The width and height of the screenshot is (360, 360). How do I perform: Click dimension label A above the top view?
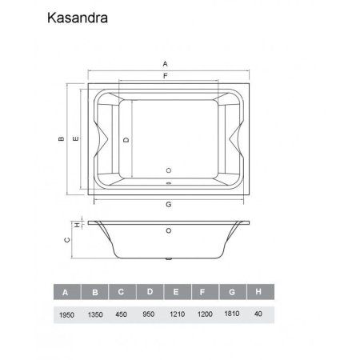tap(165, 62)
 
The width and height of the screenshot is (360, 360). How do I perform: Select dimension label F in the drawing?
tap(165, 75)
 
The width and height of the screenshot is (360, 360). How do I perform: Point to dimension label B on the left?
tap(62, 138)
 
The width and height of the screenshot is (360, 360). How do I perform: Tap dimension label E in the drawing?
tap(74, 138)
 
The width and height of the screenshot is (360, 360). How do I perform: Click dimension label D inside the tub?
tap(127, 138)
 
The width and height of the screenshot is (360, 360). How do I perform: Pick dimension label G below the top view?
tap(168, 205)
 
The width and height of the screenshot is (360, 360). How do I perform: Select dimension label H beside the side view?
tap(77, 225)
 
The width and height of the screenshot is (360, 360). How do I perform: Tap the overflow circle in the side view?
tap(168, 233)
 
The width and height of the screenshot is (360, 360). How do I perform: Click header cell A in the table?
tap(67, 291)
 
